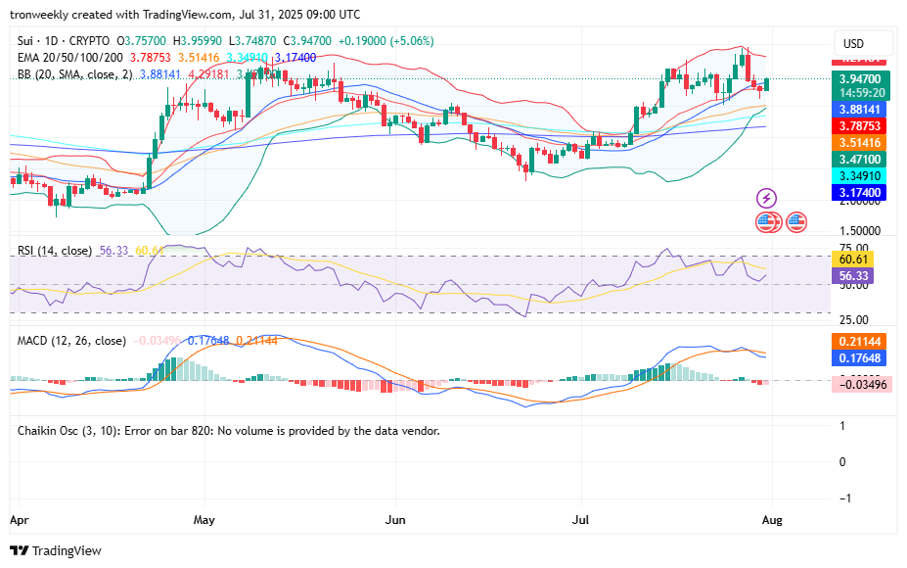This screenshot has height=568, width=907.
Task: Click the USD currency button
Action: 854,44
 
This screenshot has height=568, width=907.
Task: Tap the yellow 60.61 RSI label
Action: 855,260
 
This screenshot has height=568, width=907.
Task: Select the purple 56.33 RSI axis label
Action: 855,276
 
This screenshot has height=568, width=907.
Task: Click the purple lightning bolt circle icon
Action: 767,199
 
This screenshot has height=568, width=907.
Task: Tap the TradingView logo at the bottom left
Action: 56,550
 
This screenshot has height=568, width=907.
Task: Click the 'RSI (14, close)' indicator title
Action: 56,251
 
